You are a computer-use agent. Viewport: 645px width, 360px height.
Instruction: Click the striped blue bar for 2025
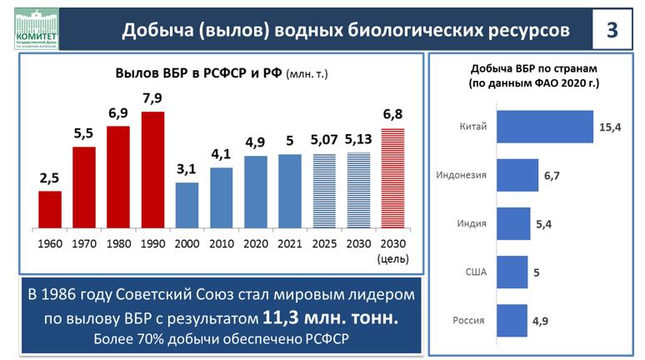coord(323,190)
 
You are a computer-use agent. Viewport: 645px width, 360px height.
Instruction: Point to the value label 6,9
coord(118,112)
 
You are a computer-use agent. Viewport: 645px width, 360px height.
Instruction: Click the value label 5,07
coord(323,140)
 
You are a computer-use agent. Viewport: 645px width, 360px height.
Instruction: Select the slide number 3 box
coord(612,29)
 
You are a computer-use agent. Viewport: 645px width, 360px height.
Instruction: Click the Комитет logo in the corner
coord(34,25)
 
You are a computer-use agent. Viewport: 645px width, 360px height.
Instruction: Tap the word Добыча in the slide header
coord(156,30)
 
